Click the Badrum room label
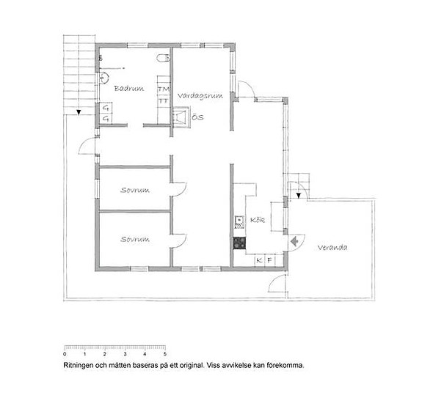129,89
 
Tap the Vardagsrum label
200,96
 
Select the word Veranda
332,248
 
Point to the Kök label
258,220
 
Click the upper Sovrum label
135,191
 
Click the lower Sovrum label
135,239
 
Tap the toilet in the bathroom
163,59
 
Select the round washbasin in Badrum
104,78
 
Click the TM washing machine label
164,89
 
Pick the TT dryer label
163,101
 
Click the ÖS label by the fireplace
197,117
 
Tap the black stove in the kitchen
239,243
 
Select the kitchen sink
239,222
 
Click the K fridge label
259,260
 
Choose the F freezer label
270,260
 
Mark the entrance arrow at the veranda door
294,241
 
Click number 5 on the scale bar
164,354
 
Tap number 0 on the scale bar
65,354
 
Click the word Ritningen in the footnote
77,366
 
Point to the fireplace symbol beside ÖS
181,117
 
